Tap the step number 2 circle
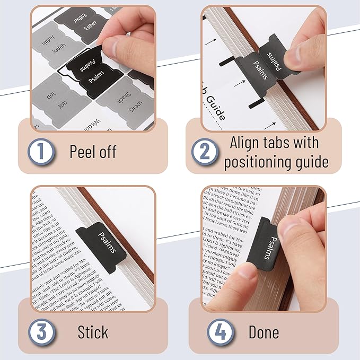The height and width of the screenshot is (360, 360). coord(204,152)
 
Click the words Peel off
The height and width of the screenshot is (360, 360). coord(93,152)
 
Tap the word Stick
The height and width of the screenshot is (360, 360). coord(93,332)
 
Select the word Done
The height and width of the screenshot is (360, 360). coord(264,332)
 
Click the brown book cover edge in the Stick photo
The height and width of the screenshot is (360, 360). coord(139,233)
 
